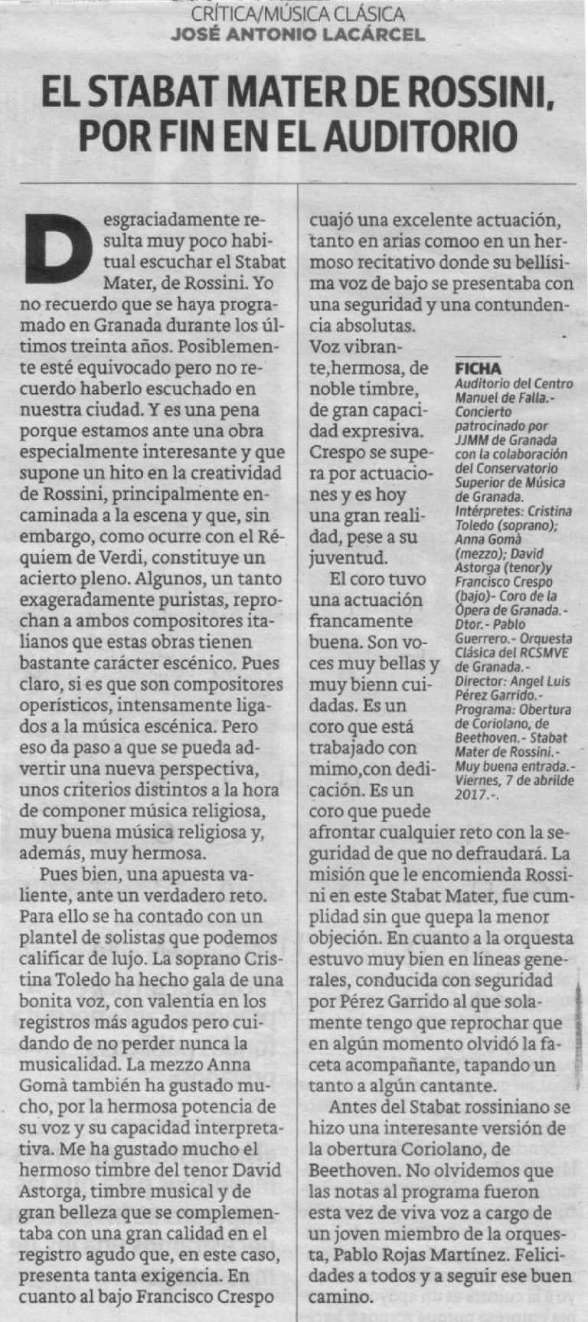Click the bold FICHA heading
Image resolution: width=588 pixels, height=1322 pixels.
tap(478, 368)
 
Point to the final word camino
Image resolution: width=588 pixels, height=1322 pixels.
tap(341, 1297)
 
